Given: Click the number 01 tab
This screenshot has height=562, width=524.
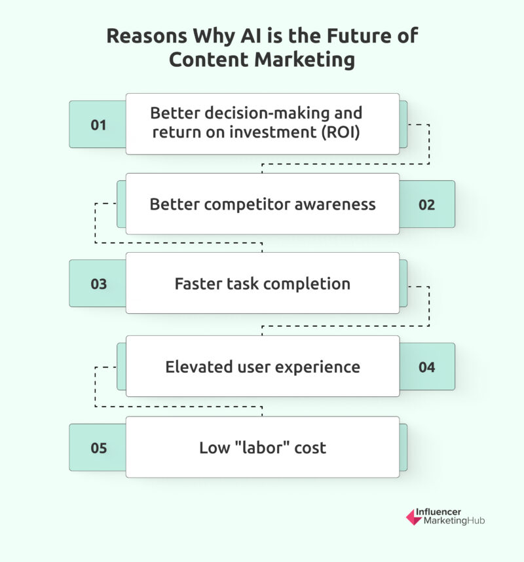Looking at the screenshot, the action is (98, 124).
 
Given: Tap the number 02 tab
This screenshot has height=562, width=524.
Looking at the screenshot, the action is (427, 204).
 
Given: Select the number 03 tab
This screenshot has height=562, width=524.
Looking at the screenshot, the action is (98, 284).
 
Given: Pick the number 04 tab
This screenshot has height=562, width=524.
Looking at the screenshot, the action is (427, 367).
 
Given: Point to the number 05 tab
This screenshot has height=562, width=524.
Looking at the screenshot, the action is (98, 447).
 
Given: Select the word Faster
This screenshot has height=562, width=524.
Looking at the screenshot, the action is (196, 284).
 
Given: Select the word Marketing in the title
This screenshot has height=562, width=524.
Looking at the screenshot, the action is (305, 60).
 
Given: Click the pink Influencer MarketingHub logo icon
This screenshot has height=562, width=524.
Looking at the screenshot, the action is (414, 517).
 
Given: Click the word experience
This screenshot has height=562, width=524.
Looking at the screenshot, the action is (318, 367).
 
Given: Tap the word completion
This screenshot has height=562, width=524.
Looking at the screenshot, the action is (307, 284).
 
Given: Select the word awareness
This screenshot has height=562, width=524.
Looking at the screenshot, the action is (335, 204).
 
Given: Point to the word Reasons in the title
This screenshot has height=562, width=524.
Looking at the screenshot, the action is (147, 36).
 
